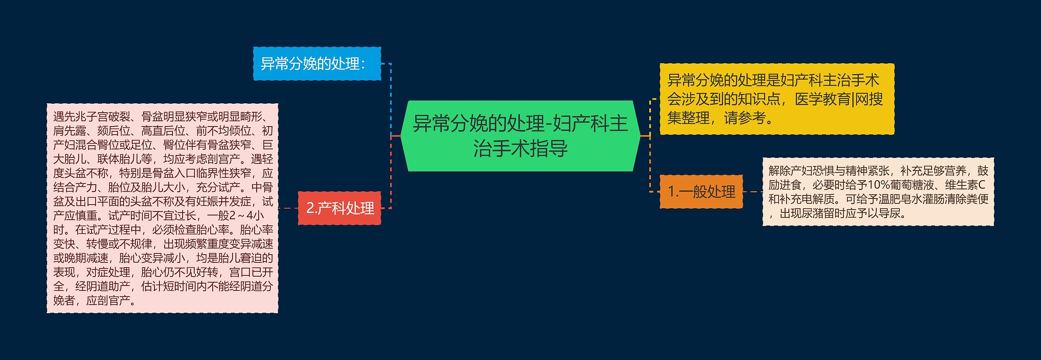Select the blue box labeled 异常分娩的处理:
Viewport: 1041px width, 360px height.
click(317, 63)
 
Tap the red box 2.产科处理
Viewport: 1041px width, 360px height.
click(340, 208)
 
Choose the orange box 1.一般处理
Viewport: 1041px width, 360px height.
click(701, 191)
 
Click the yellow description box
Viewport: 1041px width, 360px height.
click(777, 99)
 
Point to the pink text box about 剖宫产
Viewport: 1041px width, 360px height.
click(162, 208)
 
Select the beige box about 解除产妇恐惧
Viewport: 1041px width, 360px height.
click(878, 192)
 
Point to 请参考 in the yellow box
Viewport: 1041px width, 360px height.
click(745, 118)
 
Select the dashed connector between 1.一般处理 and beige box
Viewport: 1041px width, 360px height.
click(752, 192)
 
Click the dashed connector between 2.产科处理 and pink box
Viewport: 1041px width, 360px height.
click(288, 208)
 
